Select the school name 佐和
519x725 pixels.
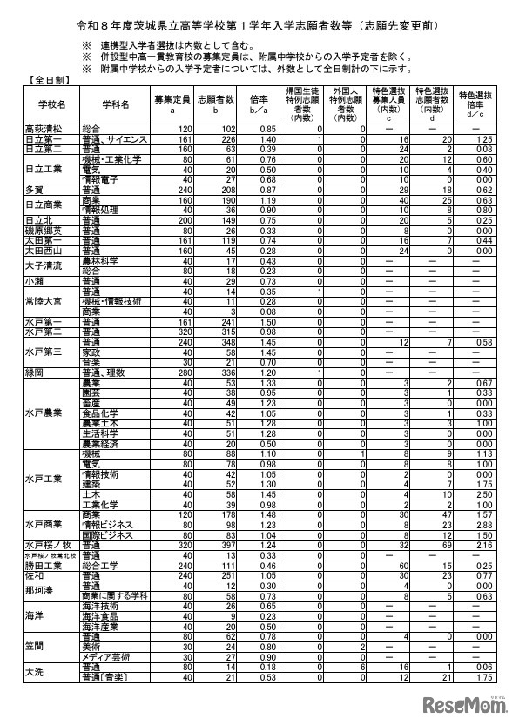(x=33, y=575)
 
